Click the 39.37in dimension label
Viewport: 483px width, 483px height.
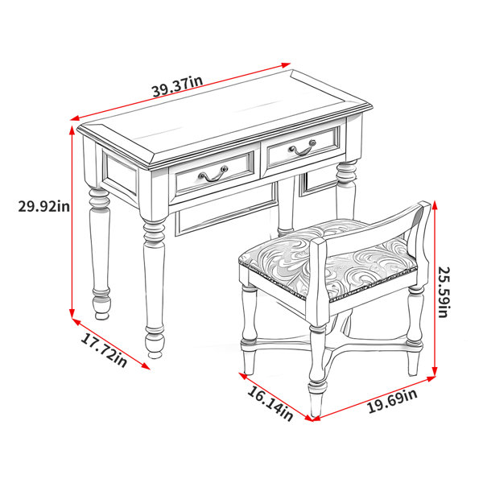click(178, 86)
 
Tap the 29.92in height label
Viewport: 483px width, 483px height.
click(44, 206)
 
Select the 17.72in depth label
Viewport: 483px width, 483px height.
click(104, 350)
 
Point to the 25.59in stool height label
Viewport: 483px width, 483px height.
click(444, 292)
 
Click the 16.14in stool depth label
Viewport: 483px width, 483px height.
click(270, 403)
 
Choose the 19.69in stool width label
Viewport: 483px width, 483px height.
click(392, 401)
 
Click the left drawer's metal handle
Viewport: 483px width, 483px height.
click(213, 175)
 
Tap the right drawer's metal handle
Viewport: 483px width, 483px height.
click(303, 148)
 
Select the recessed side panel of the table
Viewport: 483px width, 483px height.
click(121, 173)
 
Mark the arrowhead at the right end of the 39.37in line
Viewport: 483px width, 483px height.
click(286, 65)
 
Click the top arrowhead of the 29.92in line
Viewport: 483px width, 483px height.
click(72, 130)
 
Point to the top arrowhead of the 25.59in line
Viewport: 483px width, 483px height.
click(435, 205)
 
